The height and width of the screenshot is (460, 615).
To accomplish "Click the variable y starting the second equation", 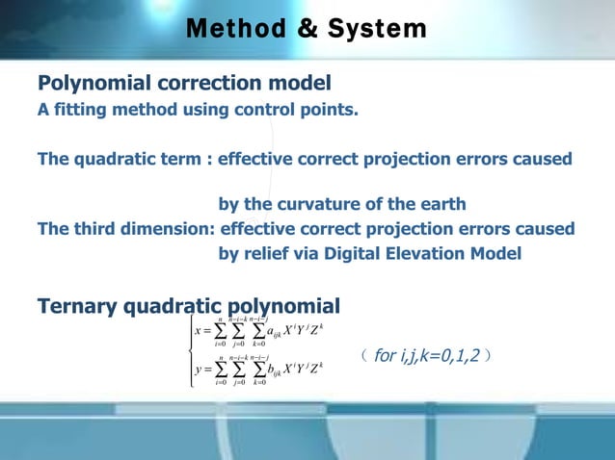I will pyautogui.click(x=198, y=370).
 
